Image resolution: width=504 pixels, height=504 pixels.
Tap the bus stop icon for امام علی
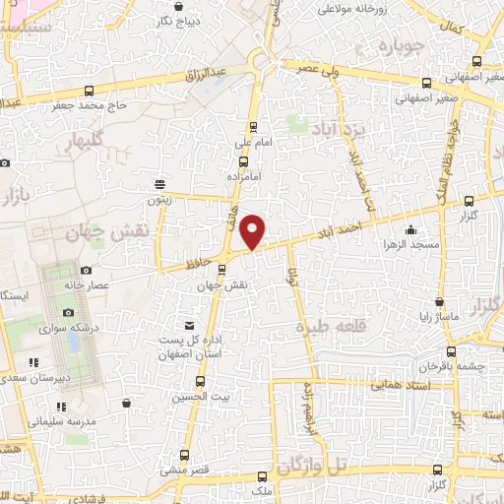[x=254, y=125]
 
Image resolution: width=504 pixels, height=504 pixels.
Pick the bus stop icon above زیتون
[x=160, y=183]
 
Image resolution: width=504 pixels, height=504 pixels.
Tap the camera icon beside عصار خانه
[x=86, y=270]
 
